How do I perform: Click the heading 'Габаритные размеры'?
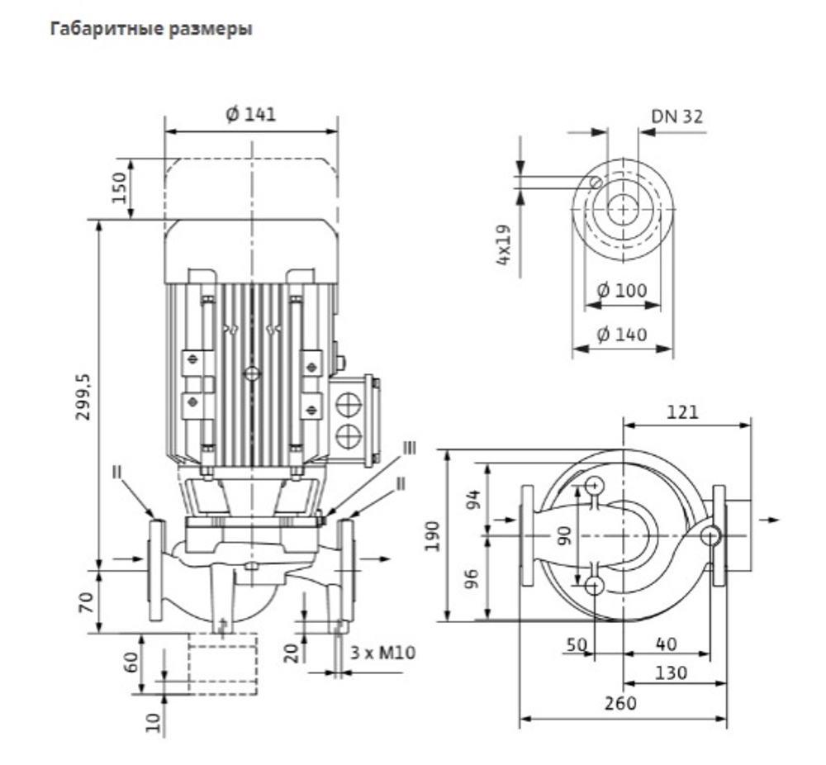pos(151,28)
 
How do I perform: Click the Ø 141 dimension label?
pos(251,114)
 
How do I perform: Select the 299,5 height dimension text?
pos(83,397)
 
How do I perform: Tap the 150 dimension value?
pos(120,188)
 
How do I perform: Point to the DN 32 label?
pos(677,116)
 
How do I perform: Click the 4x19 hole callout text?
pos(504,245)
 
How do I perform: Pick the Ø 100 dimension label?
pos(622,290)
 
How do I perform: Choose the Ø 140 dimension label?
pos(622,335)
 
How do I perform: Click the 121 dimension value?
pos(682,412)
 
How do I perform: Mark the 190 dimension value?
pos(433,536)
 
